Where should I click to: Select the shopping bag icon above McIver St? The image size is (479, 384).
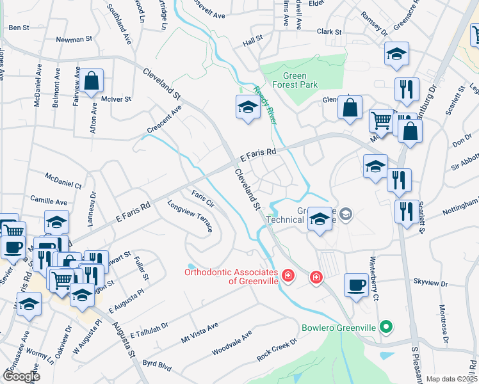92,81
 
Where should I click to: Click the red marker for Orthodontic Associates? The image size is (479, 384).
288,276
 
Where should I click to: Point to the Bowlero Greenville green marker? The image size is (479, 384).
384,328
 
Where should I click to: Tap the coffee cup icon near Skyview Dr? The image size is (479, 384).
356,285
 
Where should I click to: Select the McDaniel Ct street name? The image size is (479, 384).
63,180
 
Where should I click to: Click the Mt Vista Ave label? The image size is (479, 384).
200,331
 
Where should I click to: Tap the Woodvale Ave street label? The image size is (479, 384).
232,344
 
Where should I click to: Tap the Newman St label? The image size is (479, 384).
74,39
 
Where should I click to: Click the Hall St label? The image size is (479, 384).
253,40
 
